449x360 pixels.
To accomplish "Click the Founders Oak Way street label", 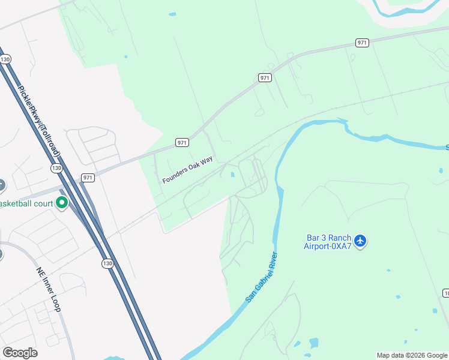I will click(x=187, y=171).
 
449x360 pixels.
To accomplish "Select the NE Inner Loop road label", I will click(x=49, y=289).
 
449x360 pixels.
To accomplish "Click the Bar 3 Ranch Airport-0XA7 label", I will click(x=327, y=241).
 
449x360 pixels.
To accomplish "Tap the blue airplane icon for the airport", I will click(x=360, y=241).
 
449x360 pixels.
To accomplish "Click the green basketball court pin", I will click(x=61, y=203).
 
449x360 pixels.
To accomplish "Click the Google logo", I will click(x=20, y=352).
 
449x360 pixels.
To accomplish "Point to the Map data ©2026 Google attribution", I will click(x=412, y=355).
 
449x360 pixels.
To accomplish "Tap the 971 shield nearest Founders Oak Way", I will click(x=182, y=142).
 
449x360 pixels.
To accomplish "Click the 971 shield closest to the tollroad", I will click(x=88, y=178).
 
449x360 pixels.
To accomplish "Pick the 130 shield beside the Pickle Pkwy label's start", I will click(x=5, y=59).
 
